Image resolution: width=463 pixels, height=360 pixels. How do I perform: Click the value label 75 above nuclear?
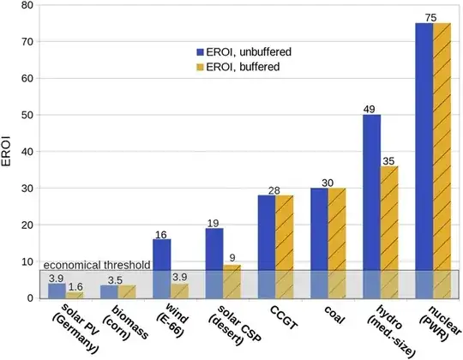pyautogui.click(x=433, y=16)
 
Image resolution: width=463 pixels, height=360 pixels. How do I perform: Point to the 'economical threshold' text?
pyautogui.click(x=96, y=264)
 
